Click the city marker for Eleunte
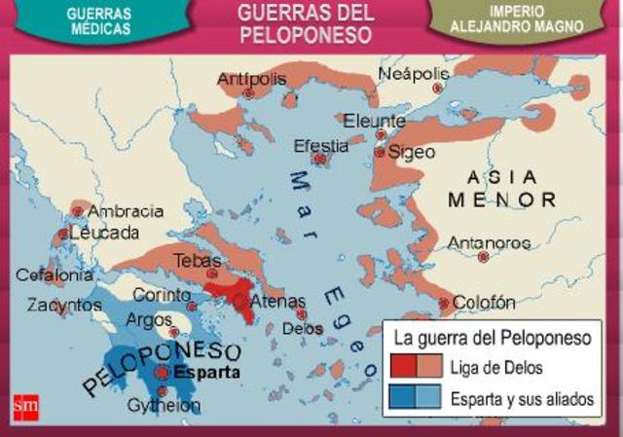381,134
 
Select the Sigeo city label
411,153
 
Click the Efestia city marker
319,159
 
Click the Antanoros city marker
483,257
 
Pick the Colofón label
484,303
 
